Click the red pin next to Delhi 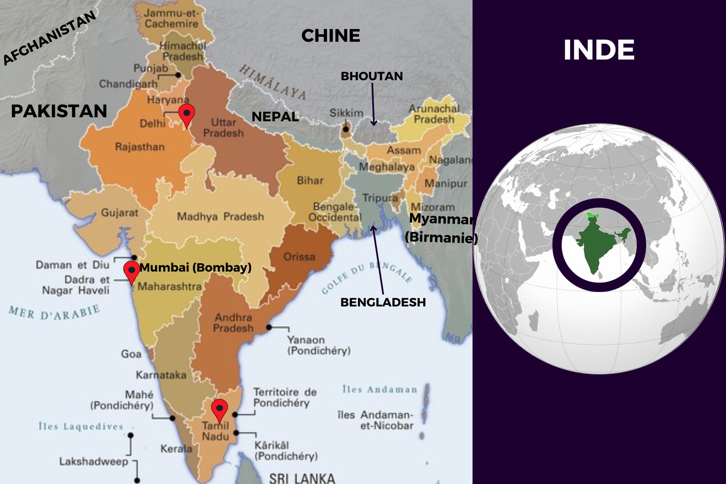(187, 114)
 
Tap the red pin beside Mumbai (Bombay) (131, 271)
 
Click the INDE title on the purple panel (599, 50)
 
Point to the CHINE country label (331, 36)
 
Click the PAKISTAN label (59, 111)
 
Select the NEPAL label (275, 117)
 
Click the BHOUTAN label (372, 76)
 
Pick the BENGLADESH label (383, 302)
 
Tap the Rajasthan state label (140, 147)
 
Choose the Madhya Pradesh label (220, 217)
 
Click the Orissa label (299, 257)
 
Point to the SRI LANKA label (302, 478)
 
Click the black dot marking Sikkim (346, 129)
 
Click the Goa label (131, 354)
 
